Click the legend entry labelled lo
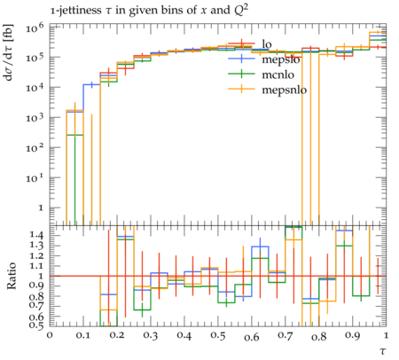tap(267, 44)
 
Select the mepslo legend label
tap(281, 59)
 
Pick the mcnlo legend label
tap(278, 74)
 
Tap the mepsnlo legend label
tap(285, 90)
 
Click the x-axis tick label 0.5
tap(218, 336)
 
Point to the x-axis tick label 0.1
tap(83, 336)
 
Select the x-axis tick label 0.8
tap(319, 336)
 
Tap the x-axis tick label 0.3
tap(151, 336)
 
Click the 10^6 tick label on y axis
tap(35, 28)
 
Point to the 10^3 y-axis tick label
tap(35, 118)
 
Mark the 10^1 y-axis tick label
tap(35, 178)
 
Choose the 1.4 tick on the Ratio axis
tap(37, 235)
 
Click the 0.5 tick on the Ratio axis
tap(37, 325)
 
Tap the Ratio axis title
tap(12, 276)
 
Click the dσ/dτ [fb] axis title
tap(8, 52)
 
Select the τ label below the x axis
tap(383, 351)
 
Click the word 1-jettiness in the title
tap(75, 11)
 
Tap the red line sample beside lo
tap(242, 44)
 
